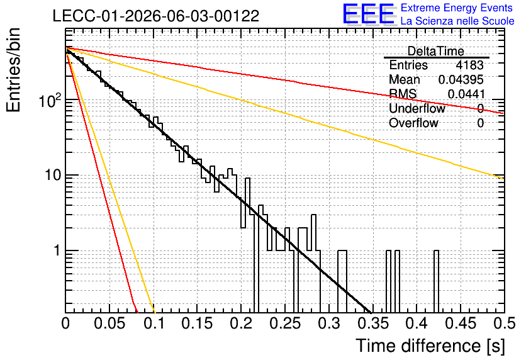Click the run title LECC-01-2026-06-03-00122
click(156, 16)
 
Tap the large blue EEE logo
click(368, 14)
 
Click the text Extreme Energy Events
click(457, 8)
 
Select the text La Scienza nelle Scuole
click(457, 21)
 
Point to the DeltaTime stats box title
click(435, 51)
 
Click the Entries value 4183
click(469, 65)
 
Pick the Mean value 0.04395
click(461, 79)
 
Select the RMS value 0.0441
click(466, 94)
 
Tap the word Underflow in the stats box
click(417, 108)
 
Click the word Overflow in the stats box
click(413, 123)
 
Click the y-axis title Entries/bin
click(13, 70)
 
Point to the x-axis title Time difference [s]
click(430, 346)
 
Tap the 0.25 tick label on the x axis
click(285, 323)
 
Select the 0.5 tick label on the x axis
click(504, 323)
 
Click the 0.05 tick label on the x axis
click(109, 323)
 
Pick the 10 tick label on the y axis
click(53, 175)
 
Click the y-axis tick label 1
click(58, 250)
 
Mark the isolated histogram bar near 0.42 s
click(436, 281)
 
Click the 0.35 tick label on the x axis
click(372, 323)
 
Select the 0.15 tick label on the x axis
click(197, 323)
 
